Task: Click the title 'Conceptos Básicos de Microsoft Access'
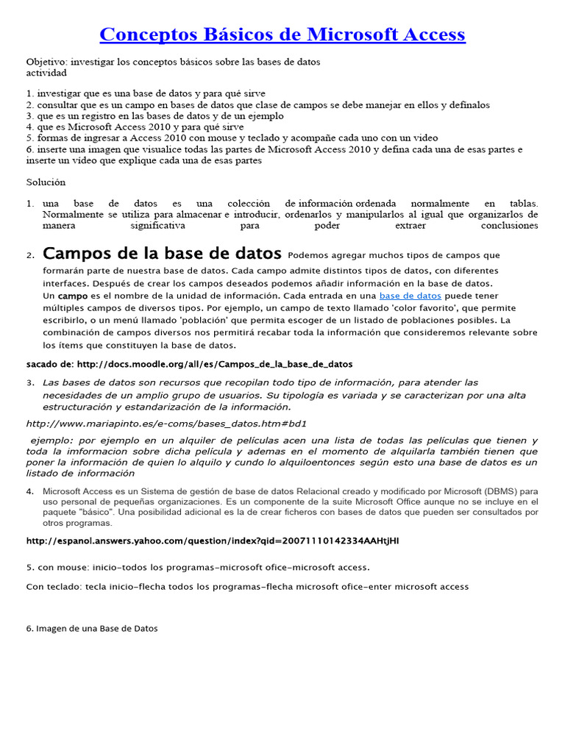coord(282,35)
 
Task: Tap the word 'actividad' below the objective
coord(46,73)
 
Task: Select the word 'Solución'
coord(46,182)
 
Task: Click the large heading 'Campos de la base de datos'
coord(162,254)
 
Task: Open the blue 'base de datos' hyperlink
coord(410,296)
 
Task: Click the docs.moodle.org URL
coord(214,364)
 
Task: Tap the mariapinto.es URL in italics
coord(166,424)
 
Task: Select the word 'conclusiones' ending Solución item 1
coord(509,226)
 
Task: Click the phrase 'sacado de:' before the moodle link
coord(49,364)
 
